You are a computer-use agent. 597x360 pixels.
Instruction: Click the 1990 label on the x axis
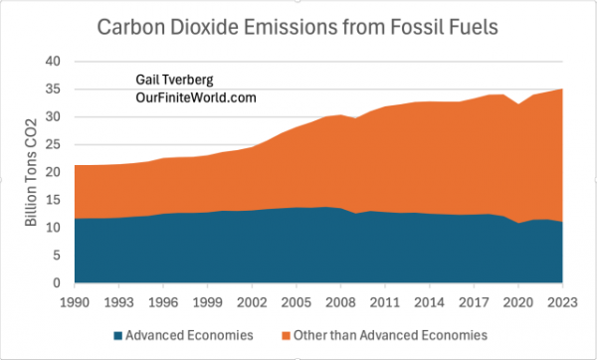pos(74,299)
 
